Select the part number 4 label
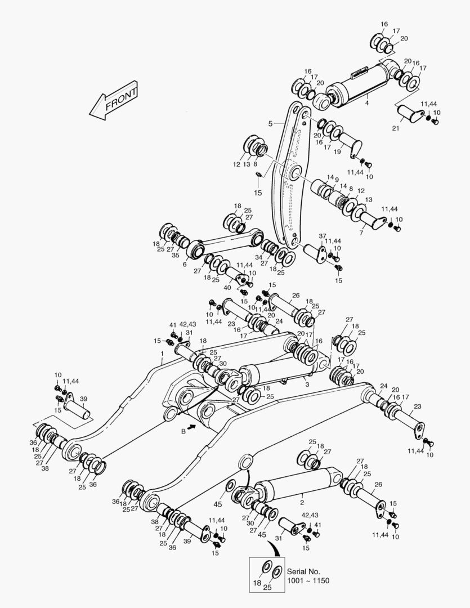(367, 103)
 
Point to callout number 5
(270, 123)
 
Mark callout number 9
(337, 181)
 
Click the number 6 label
(185, 264)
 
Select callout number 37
(323, 235)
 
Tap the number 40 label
(227, 287)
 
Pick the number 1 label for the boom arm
(162, 354)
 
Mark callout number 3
(307, 384)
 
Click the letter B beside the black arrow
(183, 431)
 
